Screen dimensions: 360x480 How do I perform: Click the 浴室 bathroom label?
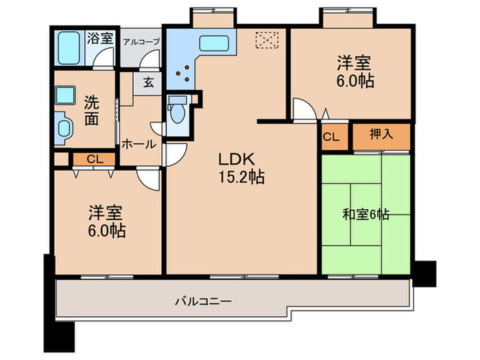pos(101,38)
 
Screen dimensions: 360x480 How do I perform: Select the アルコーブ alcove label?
pos(141,41)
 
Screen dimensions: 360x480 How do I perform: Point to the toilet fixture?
pos(177,110)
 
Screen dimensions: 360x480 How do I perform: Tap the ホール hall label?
pos(139,145)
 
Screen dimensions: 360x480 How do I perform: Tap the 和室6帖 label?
pos(365,215)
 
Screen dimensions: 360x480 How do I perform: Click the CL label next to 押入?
pos(331,137)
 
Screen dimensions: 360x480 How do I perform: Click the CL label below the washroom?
pos(95,160)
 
